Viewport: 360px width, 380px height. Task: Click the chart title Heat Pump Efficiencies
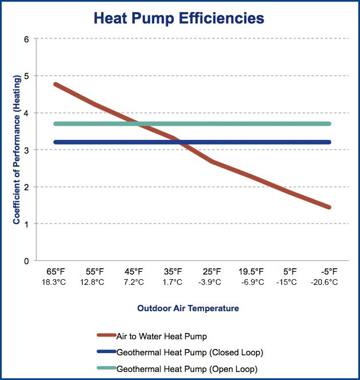[179, 18]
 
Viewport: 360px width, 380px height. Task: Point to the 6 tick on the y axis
[26, 39]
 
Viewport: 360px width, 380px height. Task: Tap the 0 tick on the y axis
[26, 261]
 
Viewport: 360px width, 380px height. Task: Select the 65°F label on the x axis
[56, 272]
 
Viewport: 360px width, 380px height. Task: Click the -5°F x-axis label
[329, 272]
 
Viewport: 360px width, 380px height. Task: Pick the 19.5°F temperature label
[251, 272]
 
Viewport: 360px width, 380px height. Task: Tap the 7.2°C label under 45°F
[134, 283]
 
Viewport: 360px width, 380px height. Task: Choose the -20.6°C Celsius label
[324, 283]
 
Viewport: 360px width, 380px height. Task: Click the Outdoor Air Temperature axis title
[188, 308]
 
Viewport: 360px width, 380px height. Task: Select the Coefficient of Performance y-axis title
[17, 150]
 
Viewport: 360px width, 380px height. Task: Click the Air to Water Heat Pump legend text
[162, 336]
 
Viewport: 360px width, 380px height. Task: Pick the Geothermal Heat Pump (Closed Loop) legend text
[190, 352]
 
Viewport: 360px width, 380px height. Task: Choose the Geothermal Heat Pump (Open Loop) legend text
[187, 369]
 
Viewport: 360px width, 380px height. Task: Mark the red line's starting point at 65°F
[56, 84]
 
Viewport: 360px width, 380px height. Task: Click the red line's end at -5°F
[329, 207]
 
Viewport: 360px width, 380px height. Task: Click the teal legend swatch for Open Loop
[107, 368]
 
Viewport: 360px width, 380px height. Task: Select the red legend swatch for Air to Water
[107, 335]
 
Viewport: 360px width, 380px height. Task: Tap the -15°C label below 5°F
[286, 283]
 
